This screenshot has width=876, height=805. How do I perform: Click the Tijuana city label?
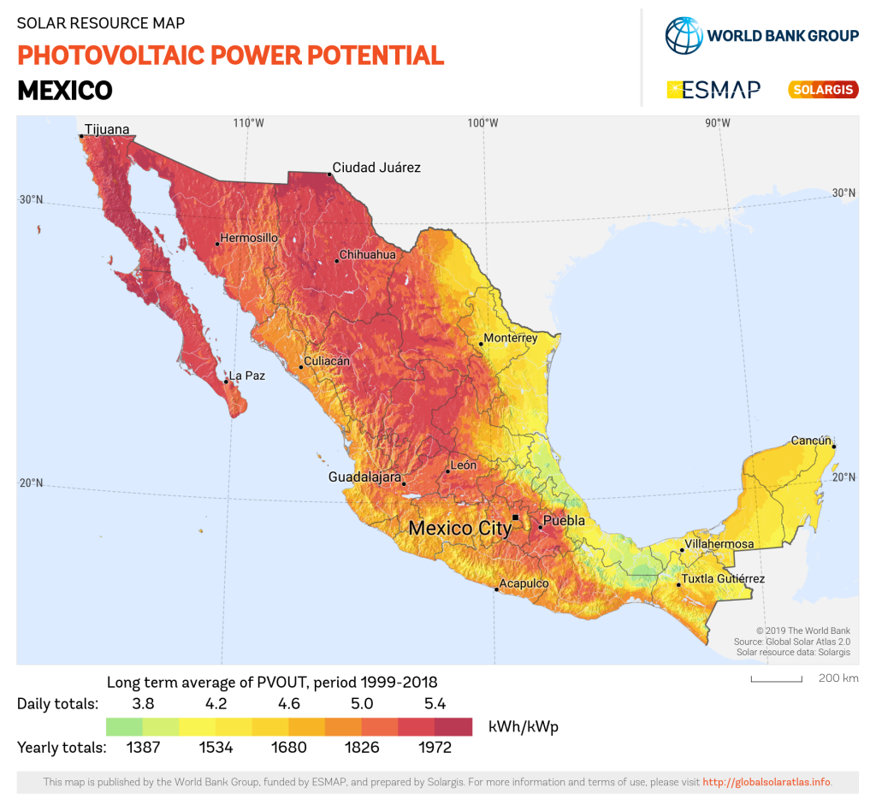(x=107, y=130)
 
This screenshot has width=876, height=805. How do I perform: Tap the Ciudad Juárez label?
(x=376, y=168)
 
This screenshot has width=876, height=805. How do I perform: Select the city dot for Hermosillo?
(x=217, y=244)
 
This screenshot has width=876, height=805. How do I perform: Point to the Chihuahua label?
(x=368, y=255)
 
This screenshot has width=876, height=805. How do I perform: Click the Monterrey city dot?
(x=482, y=343)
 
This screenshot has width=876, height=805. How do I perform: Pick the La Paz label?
(x=247, y=376)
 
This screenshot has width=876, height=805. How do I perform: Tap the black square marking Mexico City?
(x=515, y=518)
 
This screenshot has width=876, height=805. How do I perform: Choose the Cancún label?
(x=811, y=441)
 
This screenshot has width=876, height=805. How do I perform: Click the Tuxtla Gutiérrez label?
(x=723, y=579)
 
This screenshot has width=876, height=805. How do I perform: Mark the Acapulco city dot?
(x=496, y=589)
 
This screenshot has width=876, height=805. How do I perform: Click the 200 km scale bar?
(x=777, y=681)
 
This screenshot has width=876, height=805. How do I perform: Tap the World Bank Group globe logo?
(x=683, y=35)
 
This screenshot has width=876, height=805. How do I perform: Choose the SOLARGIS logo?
(x=822, y=90)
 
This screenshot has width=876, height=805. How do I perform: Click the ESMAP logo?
(x=713, y=90)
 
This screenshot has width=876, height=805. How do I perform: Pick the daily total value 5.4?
(x=435, y=704)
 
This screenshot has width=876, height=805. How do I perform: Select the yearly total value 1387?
(x=143, y=748)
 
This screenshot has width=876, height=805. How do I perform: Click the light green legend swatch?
(x=124, y=727)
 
